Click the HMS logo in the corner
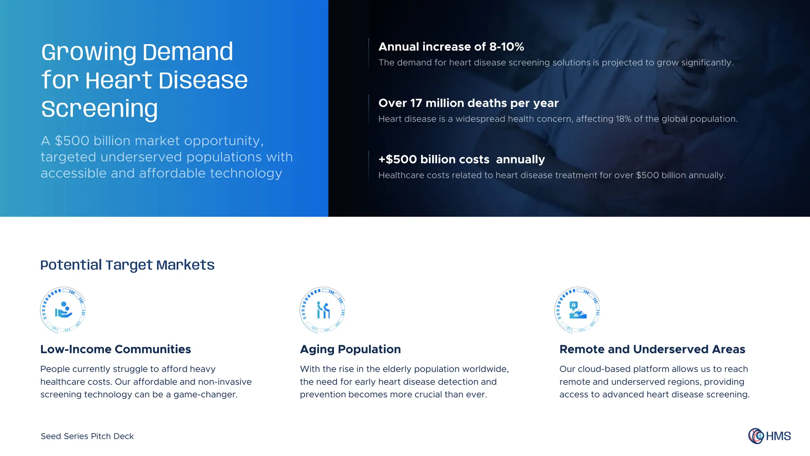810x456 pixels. tap(769, 436)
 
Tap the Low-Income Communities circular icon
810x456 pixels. tap(63, 310)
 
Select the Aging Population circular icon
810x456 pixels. tap(322, 310)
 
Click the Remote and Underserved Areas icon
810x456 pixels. tap(577, 310)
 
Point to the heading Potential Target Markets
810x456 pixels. tap(127, 265)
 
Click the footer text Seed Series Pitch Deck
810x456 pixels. tap(87, 436)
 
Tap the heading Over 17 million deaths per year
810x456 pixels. tap(468, 103)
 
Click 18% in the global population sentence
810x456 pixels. tap(623, 119)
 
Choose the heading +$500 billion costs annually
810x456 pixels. tap(461, 160)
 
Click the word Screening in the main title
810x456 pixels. tap(99, 109)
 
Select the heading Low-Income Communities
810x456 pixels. tap(115, 349)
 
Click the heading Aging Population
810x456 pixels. tap(350, 349)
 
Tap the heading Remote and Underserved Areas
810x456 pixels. tap(652, 349)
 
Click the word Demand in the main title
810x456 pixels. tap(187, 52)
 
